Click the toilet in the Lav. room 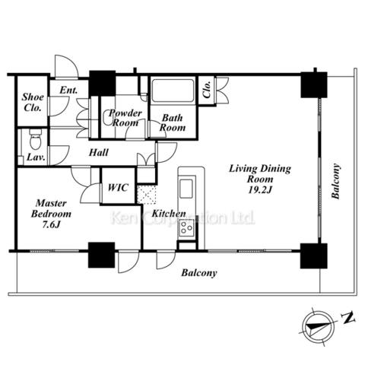[x=35, y=140]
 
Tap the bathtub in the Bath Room [x=173, y=90]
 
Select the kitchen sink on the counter [x=186, y=189]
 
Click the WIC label [x=118, y=188]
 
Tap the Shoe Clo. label [x=33, y=103]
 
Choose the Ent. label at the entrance [x=68, y=90]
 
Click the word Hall [x=99, y=152]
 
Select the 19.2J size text [x=260, y=190]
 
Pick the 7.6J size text [x=51, y=224]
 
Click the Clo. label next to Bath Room [x=207, y=90]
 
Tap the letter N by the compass [x=348, y=318]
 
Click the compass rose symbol [x=319, y=326]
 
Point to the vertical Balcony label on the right [x=335, y=181]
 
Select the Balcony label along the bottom [x=199, y=273]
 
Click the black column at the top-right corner [x=314, y=84]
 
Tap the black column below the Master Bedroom [x=101, y=255]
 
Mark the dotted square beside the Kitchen [x=147, y=194]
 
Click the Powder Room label [x=125, y=118]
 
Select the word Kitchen [x=169, y=214]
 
